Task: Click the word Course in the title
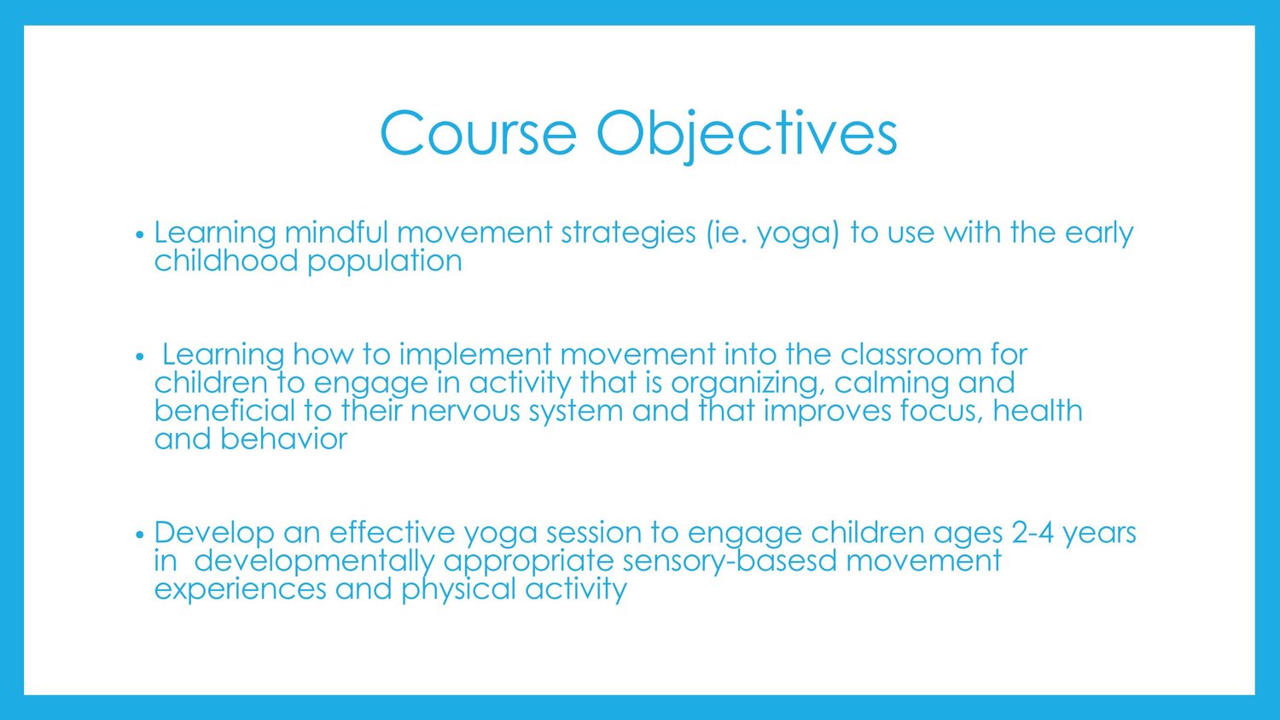click(478, 133)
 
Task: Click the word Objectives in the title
click(747, 136)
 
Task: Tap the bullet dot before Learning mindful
click(140, 235)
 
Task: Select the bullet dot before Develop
click(140, 535)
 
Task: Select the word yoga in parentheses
click(798, 235)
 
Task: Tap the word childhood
click(226, 260)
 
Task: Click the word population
click(385, 262)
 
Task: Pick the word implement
click(474, 355)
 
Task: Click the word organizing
click(748, 384)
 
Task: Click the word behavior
click(283, 439)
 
